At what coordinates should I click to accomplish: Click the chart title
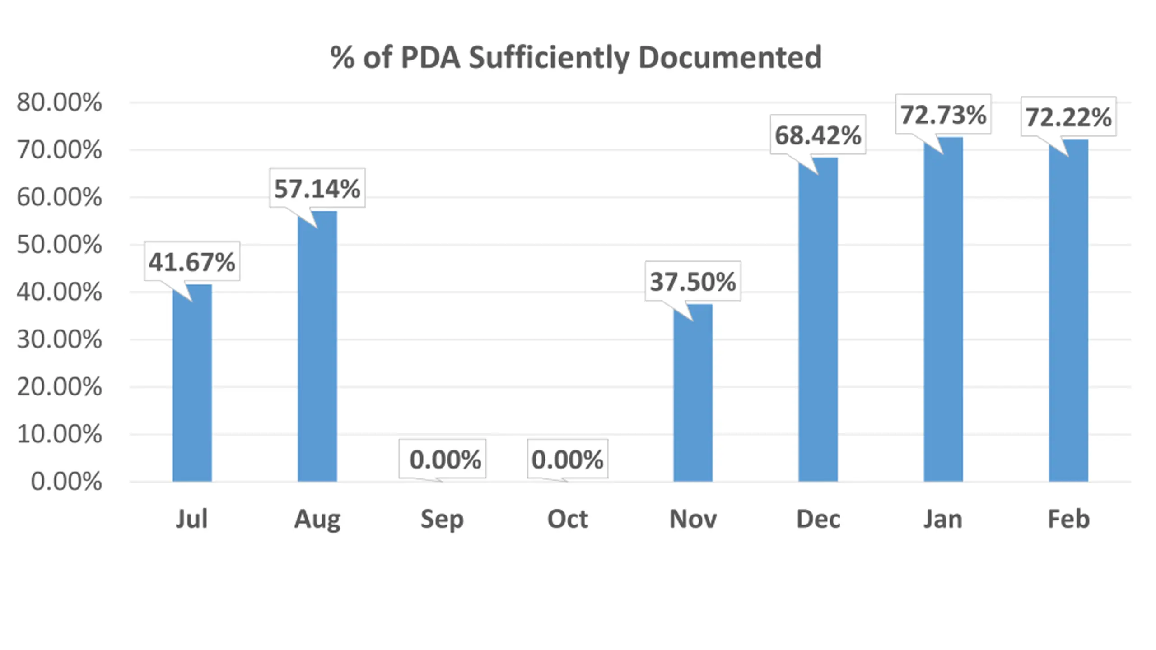[576, 58]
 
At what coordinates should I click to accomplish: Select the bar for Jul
[192, 384]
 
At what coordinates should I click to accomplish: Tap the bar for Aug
[317, 348]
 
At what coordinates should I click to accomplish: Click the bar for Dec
[818, 320]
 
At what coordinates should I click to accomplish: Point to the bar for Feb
[1068, 311]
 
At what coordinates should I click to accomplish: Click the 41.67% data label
[192, 262]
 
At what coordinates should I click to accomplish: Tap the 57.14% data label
[317, 188]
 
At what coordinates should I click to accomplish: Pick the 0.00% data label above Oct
[567, 460]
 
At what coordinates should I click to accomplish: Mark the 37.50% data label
[693, 281]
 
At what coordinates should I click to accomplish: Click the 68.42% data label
[818, 135]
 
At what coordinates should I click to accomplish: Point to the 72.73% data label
[943, 115]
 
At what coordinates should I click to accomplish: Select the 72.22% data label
[1068, 117]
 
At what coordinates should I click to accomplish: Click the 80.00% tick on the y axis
[59, 102]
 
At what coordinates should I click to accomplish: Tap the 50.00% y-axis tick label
[59, 245]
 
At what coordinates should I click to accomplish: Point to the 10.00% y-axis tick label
[59, 434]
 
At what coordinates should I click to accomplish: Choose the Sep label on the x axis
[442, 519]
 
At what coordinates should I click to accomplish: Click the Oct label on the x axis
[568, 519]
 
